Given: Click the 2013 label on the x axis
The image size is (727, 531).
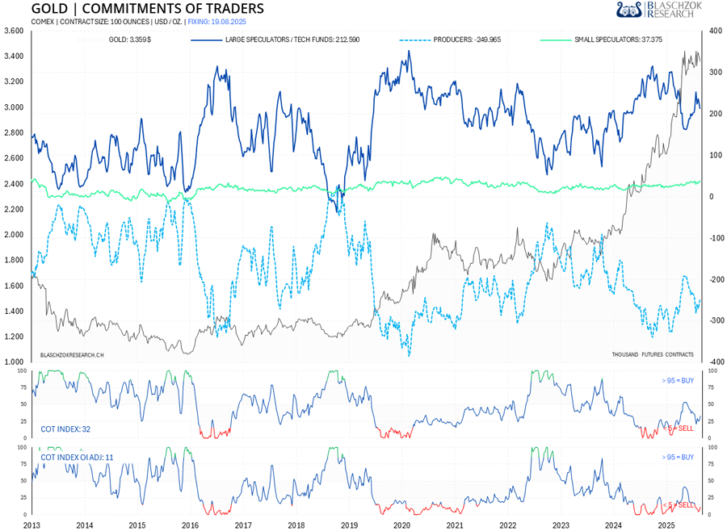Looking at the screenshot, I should tap(32, 525).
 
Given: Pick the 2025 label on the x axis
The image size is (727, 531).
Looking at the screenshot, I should tap(666, 525).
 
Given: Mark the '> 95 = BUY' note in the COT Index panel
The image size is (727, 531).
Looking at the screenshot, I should tap(677, 379).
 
